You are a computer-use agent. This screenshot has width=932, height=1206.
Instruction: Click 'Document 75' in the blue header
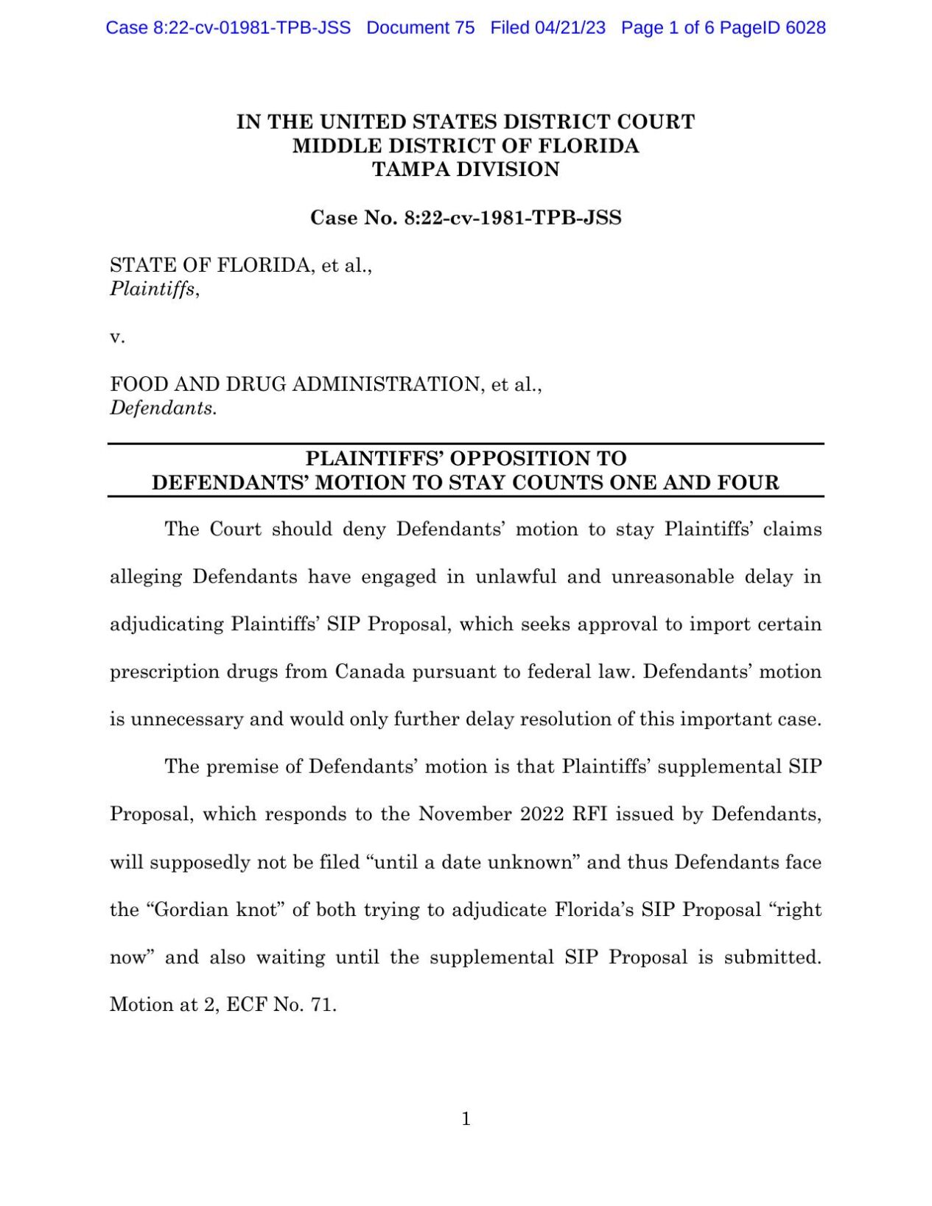(420, 28)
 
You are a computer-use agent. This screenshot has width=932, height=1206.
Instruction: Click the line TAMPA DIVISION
(466, 169)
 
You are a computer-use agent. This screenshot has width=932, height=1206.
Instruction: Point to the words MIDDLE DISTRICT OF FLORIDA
(466, 146)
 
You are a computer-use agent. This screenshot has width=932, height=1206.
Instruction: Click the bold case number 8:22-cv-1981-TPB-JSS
(513, 218)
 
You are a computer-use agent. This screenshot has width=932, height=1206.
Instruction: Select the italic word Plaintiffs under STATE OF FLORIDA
(153, 289)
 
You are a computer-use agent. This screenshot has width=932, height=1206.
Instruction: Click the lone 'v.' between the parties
(117, 337)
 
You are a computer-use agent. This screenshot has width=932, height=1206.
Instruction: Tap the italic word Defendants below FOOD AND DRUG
(162, 408)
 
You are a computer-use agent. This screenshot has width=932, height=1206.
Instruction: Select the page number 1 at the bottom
(466, 1119)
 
